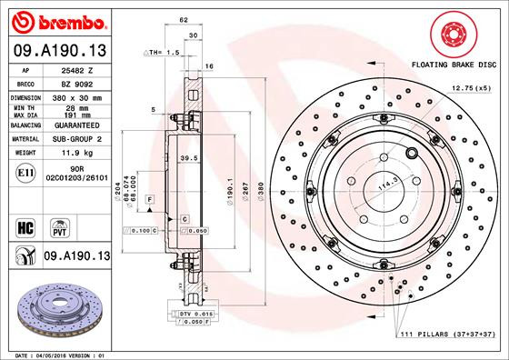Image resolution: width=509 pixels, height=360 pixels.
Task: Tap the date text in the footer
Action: (56, 354)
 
